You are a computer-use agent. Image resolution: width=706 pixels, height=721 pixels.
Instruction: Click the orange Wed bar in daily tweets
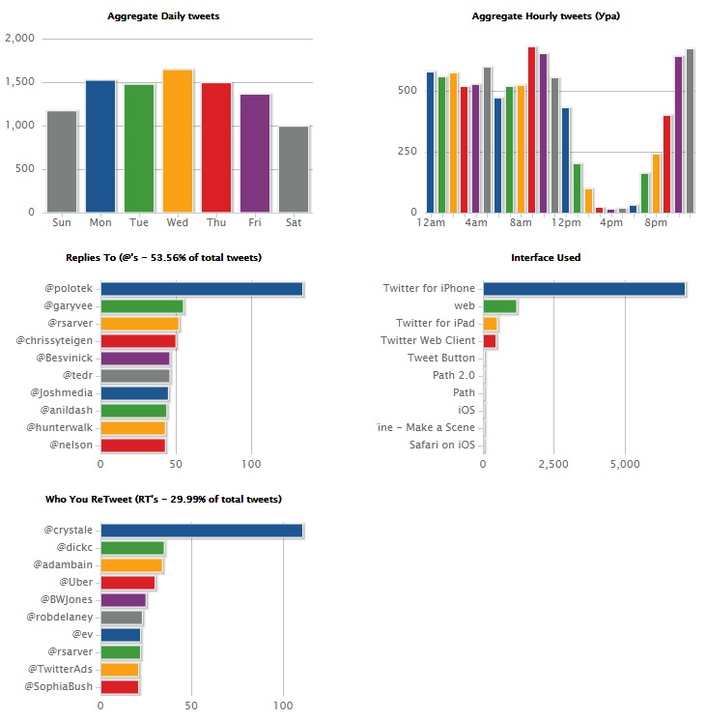click(177, 141)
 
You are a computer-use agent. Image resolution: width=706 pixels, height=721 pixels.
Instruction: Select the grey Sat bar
click(294, 169)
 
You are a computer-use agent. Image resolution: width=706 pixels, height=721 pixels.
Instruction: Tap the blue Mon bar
click(100, 146)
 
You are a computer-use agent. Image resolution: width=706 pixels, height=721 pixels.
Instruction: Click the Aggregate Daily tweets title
click(163, 16)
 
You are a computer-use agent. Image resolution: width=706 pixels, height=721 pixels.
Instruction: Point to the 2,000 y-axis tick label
click(19, 39)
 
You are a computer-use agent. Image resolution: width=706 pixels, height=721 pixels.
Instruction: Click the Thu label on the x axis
click(216, 223)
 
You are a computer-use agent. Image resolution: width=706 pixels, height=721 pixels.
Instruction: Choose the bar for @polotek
click(202, 289)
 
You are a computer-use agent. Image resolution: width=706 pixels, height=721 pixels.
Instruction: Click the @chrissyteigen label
click(55, 341)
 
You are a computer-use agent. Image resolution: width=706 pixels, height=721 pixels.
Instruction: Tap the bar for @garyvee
click(142, 306)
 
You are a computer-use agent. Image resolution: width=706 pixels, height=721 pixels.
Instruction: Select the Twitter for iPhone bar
click(584, 289)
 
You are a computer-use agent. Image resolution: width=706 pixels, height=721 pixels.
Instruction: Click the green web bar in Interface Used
click(500, 306)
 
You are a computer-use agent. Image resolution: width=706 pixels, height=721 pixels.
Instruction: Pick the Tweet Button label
click(441, 359)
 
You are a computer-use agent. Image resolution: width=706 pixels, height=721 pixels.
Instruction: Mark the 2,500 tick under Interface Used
click(553, 464)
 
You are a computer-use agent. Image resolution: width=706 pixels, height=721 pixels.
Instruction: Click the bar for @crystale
click(202, 531)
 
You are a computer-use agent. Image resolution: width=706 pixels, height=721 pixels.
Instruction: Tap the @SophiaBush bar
click(120, 687)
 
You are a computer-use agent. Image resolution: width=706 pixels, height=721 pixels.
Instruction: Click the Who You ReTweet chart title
click(163, 500)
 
